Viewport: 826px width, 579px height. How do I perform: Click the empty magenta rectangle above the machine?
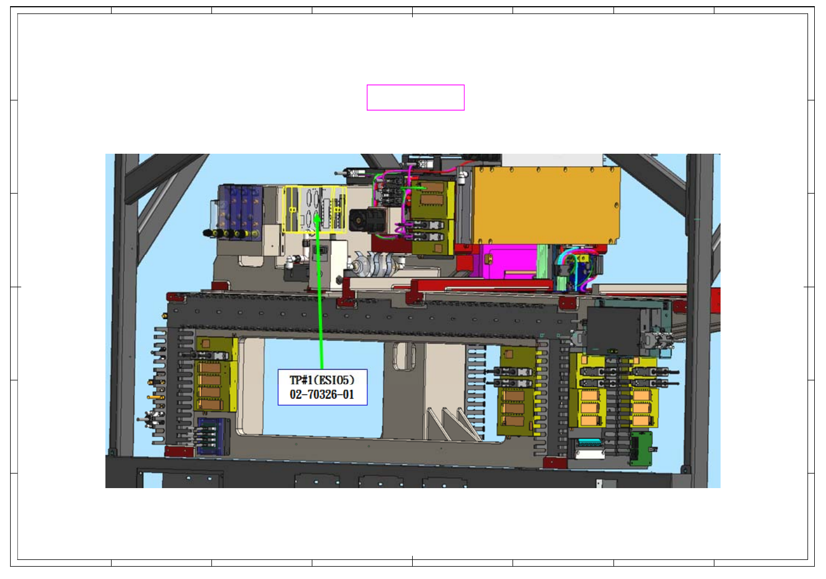tap(416, 98)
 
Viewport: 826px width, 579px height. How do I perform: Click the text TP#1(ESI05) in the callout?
tap(322, 380)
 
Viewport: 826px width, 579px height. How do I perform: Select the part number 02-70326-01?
tap(322, 394)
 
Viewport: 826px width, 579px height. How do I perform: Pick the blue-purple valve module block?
tap(240, 213)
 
